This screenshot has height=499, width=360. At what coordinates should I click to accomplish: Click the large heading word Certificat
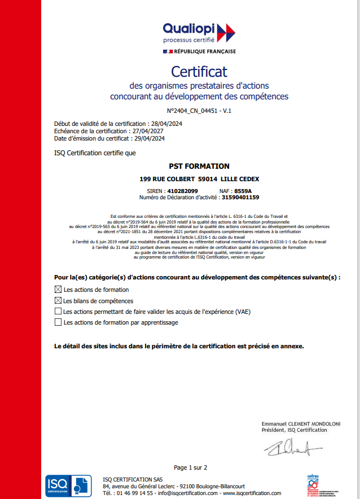click(199, 72)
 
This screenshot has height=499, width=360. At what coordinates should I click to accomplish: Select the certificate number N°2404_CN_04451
click(194, 111)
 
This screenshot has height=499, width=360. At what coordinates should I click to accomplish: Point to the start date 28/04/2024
click(168, 124)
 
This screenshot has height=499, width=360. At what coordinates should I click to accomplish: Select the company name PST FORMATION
click(199, 167)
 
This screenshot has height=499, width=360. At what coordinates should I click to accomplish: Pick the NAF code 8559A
click(243, 191)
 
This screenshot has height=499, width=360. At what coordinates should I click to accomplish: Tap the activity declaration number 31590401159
click(240, 198)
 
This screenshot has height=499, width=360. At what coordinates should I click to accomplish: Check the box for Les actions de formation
click(58, 290)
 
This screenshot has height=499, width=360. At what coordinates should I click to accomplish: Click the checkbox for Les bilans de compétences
click(58, 301)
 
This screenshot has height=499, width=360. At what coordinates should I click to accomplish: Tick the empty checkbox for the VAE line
click(58, 312)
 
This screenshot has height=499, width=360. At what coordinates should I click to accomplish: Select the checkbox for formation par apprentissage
click(58, 322)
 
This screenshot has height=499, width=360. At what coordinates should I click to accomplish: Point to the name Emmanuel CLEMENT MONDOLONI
click(301, 423)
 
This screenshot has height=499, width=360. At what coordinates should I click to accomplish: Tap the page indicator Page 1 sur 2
click(190, 467)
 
